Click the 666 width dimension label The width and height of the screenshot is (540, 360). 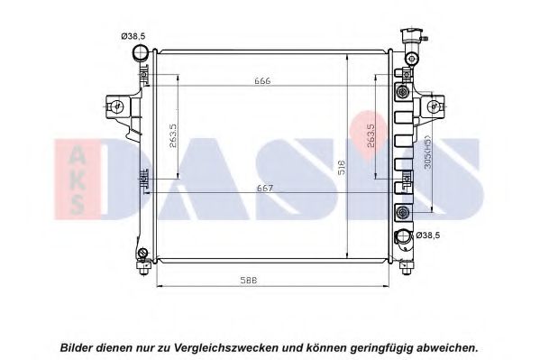coord(262,81)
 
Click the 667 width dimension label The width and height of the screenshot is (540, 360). coord(265,189)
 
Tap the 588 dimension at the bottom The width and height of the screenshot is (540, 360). coord(249,281)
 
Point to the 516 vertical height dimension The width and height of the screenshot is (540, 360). coord(342,167)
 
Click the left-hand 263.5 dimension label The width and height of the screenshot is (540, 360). coord(173,136)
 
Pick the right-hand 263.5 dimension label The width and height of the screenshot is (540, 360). coord(371,136)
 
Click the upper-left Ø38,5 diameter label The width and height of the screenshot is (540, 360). coord(133,36)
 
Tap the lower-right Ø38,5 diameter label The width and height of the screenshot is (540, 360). coord(428,235)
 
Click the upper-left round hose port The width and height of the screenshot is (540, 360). coord(141,53)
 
